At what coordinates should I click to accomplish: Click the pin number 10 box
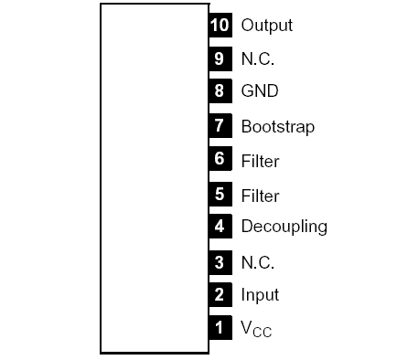(x=220, y=25)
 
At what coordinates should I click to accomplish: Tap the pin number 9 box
(x=220, y=58)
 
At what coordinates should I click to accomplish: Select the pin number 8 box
(x=220, y=91)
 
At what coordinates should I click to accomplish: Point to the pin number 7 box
(x=220, y=126)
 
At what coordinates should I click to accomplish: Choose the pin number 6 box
(x=220, y=160)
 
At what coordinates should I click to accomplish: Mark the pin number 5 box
(x=220, y=195)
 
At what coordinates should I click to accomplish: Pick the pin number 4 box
(x=220, y=226)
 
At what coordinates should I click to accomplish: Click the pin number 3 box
(x=220, y=262)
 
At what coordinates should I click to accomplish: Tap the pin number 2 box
(x=220, y=295)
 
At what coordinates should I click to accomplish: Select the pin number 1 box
(x=220, y=326)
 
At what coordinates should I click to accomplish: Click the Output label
(x=266, y=26)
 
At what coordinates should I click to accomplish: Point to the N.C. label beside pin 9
(x=257, y=58)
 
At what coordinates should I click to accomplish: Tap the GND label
(x=260, y=91)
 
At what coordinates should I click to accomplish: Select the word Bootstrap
(x=277, y=127)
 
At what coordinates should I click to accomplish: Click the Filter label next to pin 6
(x=260, y=162)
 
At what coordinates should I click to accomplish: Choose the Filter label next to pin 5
(x=260, y=196)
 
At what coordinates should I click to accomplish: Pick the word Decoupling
(x=284, y=227)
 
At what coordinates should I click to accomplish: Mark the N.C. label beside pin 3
(x=257, y=262)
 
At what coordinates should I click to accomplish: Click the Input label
(x=260, y=296)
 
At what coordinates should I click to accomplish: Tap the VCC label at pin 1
(x=255, y=328)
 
